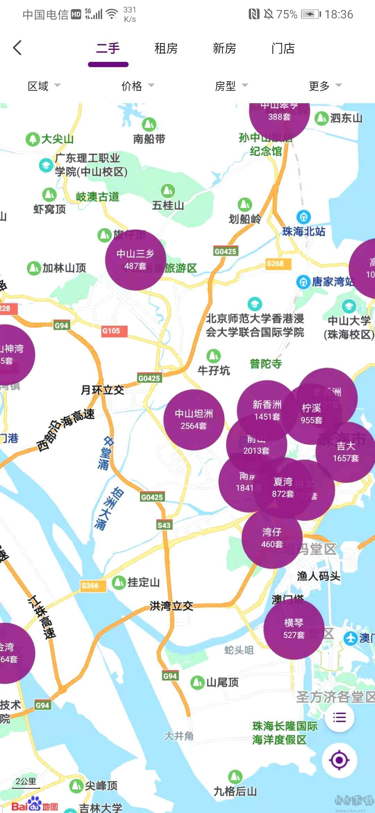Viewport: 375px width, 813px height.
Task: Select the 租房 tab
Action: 166,48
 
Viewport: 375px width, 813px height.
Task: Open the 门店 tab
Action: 283,48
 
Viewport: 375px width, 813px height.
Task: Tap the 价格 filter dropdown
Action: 137,86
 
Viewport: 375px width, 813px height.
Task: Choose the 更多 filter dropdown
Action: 325,86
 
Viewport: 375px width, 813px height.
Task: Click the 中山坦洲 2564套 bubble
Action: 193,420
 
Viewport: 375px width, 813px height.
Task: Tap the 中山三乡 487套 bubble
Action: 135,260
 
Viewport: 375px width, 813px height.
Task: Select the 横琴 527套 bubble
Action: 294,629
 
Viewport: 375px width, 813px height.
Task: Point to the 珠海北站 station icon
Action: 304,217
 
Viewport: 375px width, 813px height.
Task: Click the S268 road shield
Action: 275,264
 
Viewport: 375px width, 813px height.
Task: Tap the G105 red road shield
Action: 111,331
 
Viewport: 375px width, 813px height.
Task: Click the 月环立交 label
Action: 102,390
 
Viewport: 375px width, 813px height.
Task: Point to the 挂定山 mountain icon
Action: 119,582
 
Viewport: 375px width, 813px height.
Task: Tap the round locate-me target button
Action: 339,760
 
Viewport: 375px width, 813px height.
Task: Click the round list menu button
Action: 339,717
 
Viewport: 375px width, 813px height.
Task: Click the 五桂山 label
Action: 168,205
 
